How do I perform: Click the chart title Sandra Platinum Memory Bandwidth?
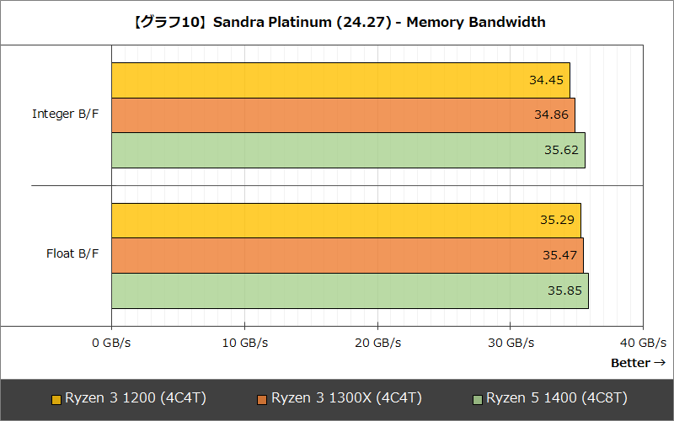(x=337, y=23)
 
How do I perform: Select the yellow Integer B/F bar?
(x=320, y=80)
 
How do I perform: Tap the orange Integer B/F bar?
(x=320, y=115)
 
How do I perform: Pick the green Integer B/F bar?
(x=320, y=151)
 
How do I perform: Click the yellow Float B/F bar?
(x=320, y=221)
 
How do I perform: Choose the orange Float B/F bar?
(x=320, y=256)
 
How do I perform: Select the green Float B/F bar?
(x=320, y=291)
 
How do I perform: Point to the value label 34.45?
(x=546, y=81)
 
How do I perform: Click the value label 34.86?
(x=551, y=115)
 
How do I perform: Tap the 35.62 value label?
(x=561, y=151)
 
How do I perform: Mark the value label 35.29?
(x=557, y=221)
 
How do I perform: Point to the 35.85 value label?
(x=564, y=291)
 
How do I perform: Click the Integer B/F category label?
(x=65, y=114)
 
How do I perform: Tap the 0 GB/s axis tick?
(x=112, y=343)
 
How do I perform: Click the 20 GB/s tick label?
(x=377, y=343)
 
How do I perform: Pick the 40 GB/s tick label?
(x=643, y=343)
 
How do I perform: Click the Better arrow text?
(x=638, y=363)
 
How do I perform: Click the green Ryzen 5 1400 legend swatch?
(x=478, y=399)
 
